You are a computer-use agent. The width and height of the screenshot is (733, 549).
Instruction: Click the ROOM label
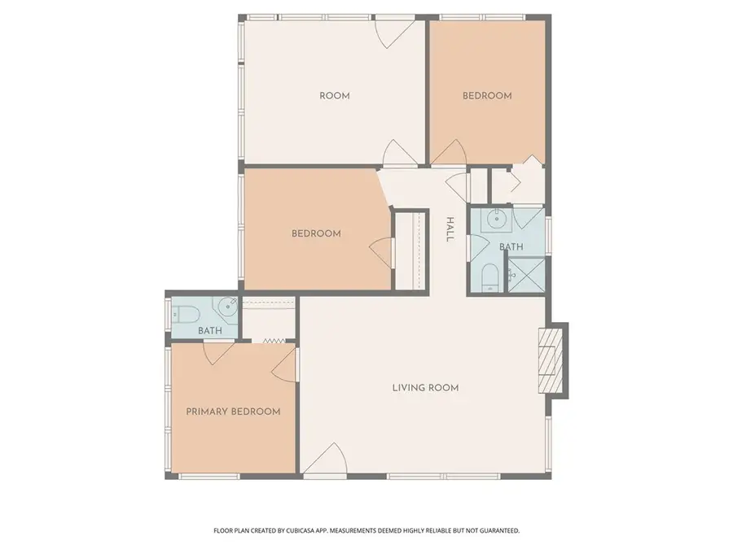point(334,96)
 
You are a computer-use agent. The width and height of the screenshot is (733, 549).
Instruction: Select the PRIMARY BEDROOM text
point(233,412)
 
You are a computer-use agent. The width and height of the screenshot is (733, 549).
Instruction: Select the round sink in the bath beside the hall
point(494,219)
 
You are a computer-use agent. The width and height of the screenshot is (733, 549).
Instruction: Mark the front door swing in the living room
point(327,460)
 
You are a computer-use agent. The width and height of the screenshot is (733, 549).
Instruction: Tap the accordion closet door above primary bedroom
point(272,342)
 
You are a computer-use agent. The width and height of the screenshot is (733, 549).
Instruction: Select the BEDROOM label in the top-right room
point(487,96)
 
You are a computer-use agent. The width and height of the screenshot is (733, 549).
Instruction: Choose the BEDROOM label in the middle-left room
point(316,234)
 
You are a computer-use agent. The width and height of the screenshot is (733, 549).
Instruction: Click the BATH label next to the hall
point(511,247)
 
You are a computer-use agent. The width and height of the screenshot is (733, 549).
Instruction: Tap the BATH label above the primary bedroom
point(210,331)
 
